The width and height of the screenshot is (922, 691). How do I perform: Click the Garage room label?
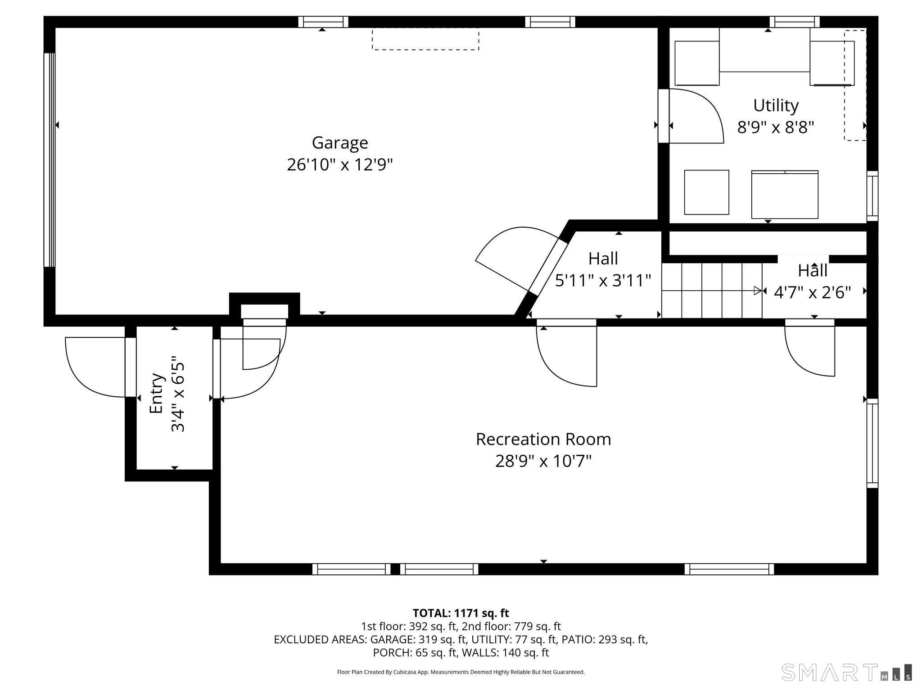pos(340,143)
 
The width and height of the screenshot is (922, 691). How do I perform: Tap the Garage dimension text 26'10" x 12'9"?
pos(340,165)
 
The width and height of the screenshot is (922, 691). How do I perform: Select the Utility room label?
pos(776,105)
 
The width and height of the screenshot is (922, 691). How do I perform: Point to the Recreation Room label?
pos(543,439)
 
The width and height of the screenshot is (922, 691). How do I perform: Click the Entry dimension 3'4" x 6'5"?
pos(178,396)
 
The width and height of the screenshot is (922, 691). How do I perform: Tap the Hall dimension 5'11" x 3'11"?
pos(603,281)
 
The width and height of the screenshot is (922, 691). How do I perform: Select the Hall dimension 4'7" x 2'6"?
pos(812,292)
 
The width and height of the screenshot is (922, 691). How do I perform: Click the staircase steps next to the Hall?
pos(711,291)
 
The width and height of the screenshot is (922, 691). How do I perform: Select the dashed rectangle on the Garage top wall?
pos(425,39)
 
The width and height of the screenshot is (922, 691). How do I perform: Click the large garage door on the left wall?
pos(50,160)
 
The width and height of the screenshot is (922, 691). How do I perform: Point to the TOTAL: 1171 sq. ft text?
pos(461,613)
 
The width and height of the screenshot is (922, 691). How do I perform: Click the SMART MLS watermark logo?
pos(846,672)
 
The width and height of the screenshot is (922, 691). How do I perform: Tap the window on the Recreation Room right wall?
pos(872,443)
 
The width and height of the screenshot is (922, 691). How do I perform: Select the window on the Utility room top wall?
pos(794,22)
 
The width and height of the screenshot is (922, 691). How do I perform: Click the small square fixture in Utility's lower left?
pos(706,192)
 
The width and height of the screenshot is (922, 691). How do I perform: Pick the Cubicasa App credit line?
pos(461,672)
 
